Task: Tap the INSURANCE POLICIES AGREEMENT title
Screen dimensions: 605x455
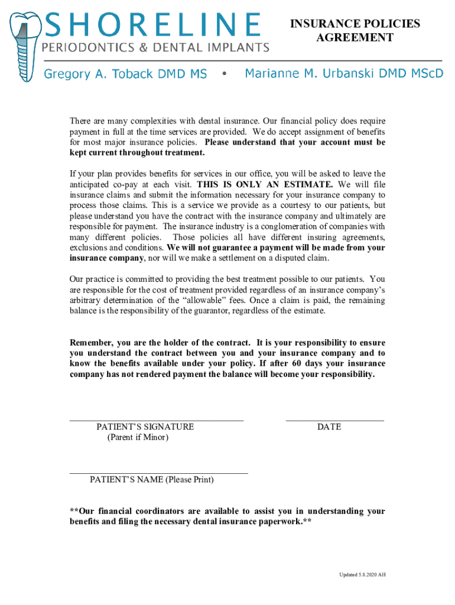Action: [355, 31]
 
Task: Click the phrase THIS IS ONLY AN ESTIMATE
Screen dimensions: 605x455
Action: [265, 184]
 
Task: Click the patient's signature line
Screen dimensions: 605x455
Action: [157, 419]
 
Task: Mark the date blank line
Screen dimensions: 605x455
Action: [334, 419]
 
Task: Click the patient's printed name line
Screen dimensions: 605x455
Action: [158, 473]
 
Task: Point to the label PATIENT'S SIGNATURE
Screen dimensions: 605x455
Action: [145, 427]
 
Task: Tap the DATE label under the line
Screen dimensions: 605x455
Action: [329, 427]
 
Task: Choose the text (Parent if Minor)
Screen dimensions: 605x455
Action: [138, 437]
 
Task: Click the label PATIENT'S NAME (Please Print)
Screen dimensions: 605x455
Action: [152, 480]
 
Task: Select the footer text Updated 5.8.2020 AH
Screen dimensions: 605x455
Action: [362, 575]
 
